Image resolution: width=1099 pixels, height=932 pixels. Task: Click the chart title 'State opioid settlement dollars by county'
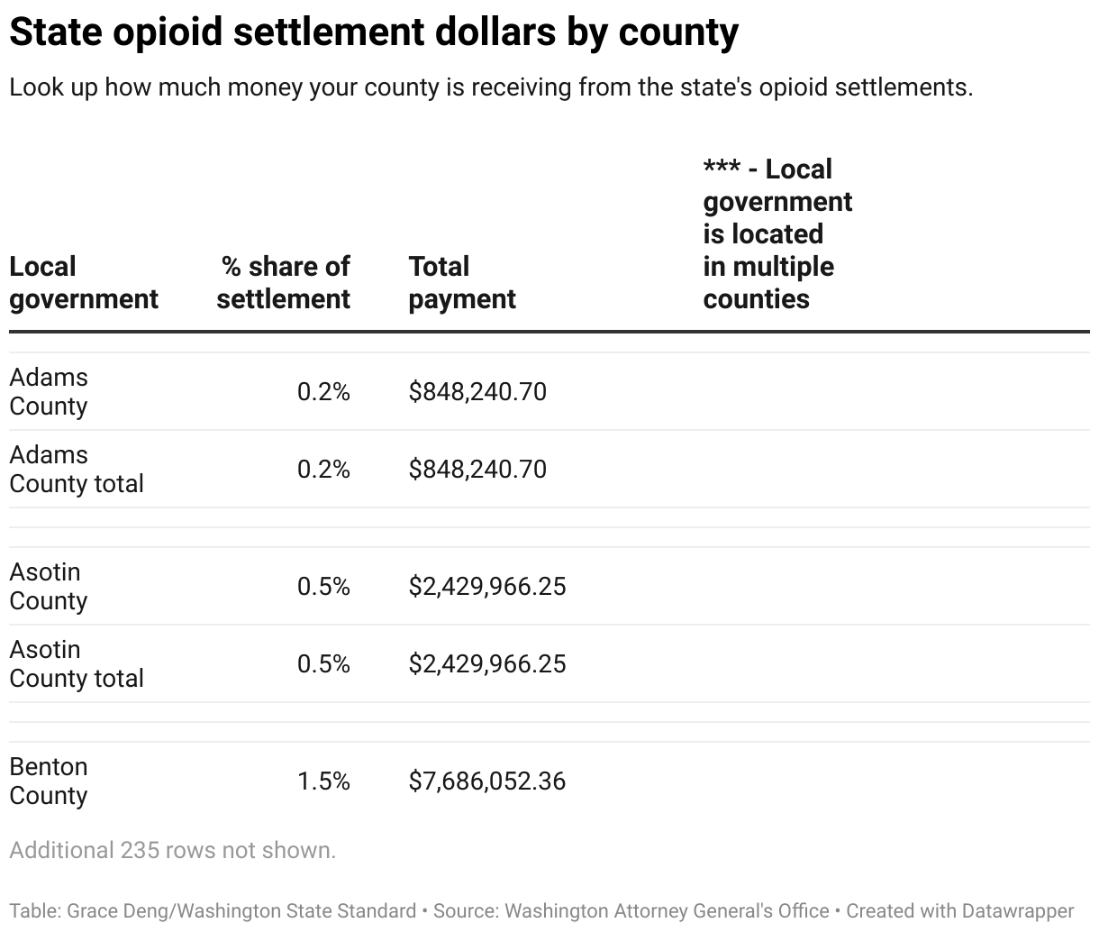tap(374, 32)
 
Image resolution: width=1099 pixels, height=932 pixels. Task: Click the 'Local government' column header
tap(84, 283)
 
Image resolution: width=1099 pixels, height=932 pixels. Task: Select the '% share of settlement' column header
tap(284, 283)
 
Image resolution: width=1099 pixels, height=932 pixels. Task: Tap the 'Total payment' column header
tap(462, 283)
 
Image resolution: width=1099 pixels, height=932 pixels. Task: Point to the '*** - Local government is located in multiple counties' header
tap(777, 234)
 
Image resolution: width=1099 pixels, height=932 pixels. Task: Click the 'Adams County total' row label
tap(77, 470)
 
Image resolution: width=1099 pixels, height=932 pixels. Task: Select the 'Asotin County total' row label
tap(77, 664)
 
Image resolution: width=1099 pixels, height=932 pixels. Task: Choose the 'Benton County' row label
tap(49, 781)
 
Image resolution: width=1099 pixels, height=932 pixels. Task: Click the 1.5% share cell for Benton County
tap(323, 781)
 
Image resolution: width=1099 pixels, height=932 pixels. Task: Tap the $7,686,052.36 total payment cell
tap(487, 781)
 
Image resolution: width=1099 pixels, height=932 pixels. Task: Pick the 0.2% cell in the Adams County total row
tap(323, 470)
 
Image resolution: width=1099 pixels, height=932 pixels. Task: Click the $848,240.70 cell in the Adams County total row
tap(477, 470)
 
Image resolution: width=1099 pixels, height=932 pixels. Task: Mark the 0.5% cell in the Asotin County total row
tap(323, 664)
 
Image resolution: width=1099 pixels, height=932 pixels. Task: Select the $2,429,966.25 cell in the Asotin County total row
tap(487, 664)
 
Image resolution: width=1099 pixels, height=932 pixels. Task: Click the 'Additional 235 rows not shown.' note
tap(172, 851)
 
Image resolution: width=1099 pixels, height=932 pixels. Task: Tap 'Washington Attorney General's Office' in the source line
tap(667, 911)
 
